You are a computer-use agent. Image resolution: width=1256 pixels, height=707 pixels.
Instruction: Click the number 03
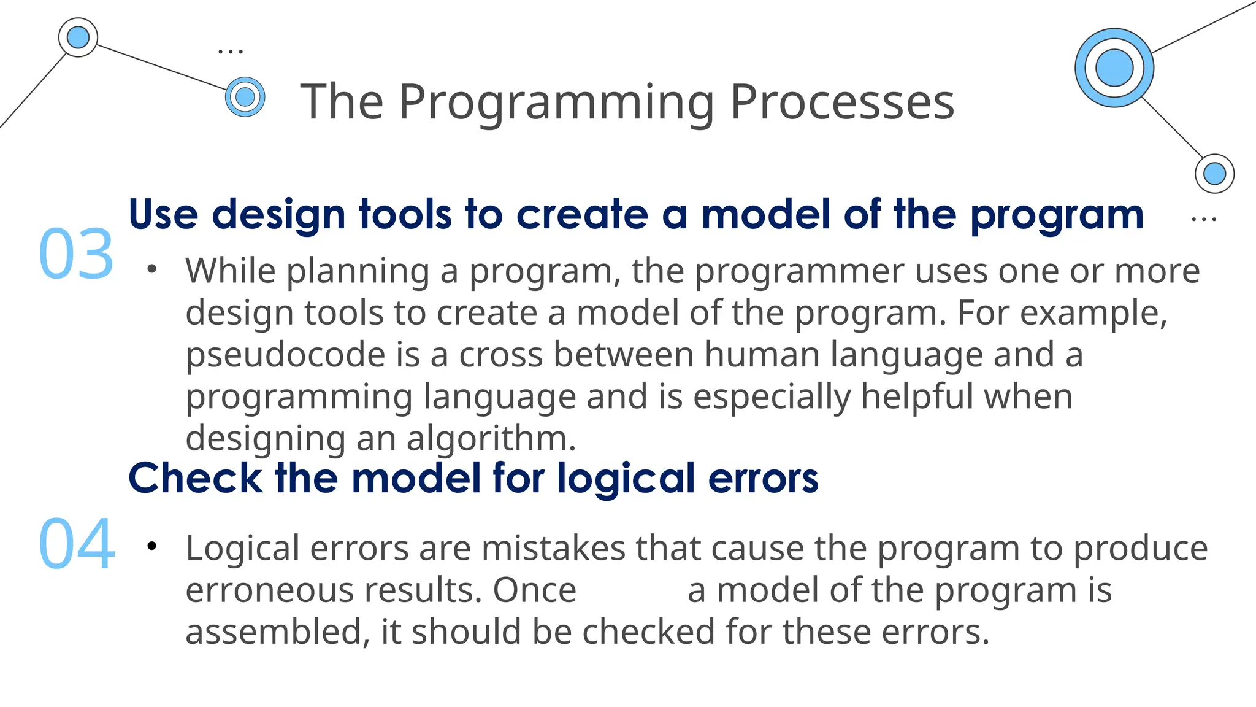click(76, 254)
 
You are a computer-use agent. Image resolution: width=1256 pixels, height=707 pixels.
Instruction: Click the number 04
click(76, 544)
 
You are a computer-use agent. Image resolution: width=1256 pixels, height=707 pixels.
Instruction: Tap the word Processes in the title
click(842, 102)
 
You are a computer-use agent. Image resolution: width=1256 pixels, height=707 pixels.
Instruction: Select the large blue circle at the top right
click(1114, 68)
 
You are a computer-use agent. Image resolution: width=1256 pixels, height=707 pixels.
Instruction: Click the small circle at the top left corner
click(78, 37)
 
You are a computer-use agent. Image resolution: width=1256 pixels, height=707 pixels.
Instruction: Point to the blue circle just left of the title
click(245, 97)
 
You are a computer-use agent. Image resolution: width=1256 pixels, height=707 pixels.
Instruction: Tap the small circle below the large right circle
click(1214, 174)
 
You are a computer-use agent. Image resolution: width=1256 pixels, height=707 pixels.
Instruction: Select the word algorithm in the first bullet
click(491, 438)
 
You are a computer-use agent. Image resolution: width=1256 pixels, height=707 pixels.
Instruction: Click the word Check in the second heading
click(195, 477)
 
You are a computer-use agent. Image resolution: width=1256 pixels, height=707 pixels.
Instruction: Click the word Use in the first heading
click(163, 215)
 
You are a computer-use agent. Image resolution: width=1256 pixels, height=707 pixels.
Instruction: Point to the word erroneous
click(268, 590)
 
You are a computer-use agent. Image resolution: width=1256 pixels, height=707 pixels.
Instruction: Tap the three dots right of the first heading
click(1204, 219)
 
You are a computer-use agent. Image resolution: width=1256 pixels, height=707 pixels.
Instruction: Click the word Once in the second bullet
click(535, 590)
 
